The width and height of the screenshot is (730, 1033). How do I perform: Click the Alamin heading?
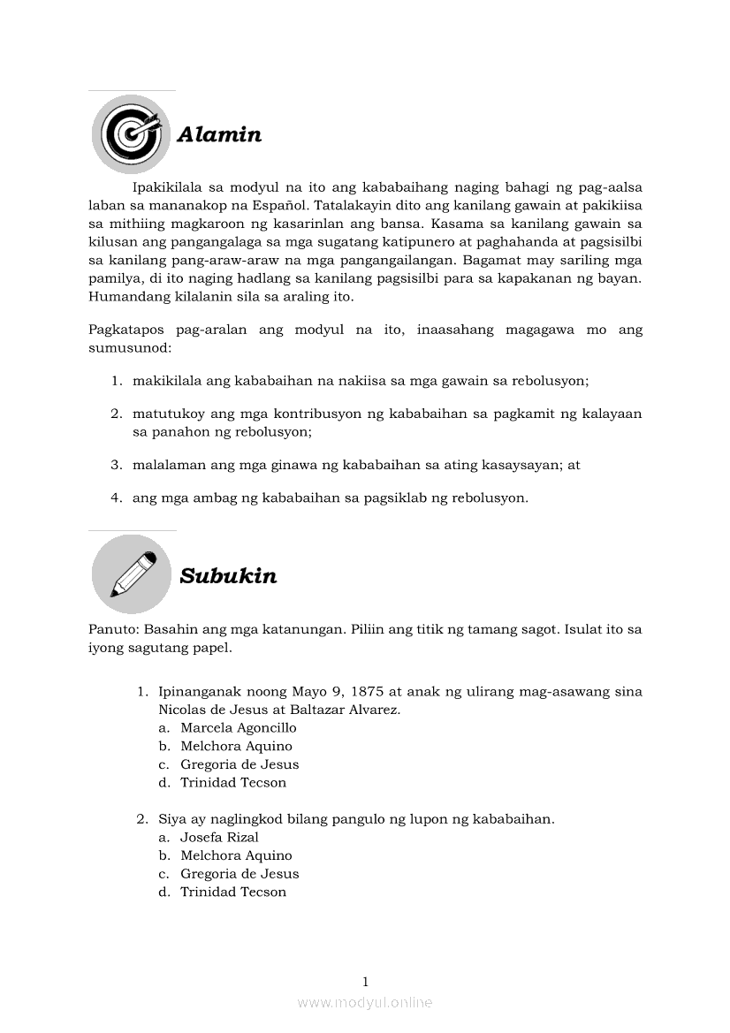[x=219, y=134]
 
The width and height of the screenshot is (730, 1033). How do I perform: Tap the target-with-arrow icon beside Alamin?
[x=132, y=134]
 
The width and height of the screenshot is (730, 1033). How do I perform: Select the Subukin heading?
[x=228, y=576]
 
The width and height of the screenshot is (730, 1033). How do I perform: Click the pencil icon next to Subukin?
[x=132, y=574]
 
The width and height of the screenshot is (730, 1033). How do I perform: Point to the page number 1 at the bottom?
[x=365, y=981]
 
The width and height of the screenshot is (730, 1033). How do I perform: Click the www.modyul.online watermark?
[x=365, y=1002]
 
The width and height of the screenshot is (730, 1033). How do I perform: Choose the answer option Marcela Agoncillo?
[x=238, y=728]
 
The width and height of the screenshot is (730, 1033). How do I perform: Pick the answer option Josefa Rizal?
[x=219, y=837]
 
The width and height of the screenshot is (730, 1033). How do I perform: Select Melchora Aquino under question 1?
[x=236, y=746]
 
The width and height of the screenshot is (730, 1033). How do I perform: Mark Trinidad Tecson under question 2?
[x=233, y=892]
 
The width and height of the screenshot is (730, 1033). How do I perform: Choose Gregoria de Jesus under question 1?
[x=240, y=764]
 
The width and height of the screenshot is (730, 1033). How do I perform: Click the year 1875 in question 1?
[x=369, y=691]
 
